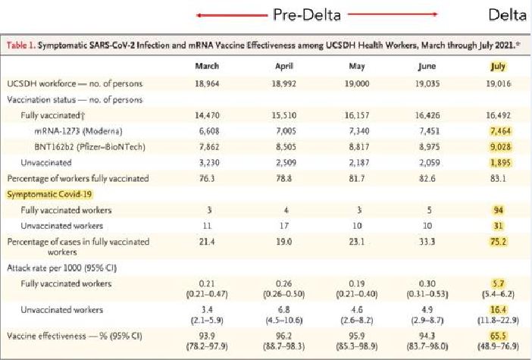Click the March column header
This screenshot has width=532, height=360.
(207, 66)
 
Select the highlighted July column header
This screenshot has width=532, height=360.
(498, 66)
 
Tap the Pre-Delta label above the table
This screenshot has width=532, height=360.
(307, 14)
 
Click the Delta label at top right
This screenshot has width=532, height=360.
(508, 14)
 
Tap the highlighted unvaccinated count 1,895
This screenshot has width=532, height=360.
(498, 161)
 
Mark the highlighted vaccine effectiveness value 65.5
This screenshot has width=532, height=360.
(498, 334)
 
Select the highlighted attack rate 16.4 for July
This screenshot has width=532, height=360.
(498, 309)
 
